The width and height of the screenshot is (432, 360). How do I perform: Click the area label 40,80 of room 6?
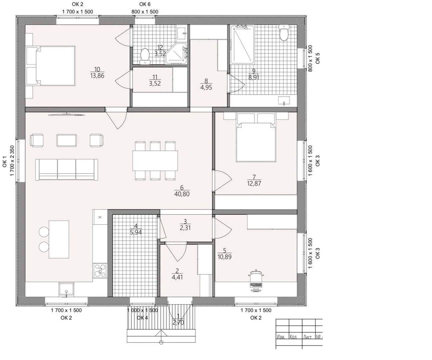pos(182,194)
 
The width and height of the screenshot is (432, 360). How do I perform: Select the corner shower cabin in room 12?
pos(177,53)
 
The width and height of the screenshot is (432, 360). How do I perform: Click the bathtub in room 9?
pos(242,44)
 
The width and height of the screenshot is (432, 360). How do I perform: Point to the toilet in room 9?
pos(284,33)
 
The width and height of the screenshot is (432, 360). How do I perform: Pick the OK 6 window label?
pos(145,4)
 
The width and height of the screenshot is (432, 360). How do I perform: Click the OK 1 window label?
pos(5,161)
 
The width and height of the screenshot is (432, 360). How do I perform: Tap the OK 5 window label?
pos(317,58)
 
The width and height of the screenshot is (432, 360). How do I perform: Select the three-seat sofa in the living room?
pos(67,170)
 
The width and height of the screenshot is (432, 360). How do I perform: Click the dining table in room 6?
pos(155,161)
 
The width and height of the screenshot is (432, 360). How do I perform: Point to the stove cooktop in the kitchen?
pos(100,270)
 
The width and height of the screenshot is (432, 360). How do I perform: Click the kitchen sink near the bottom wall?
pos(66,289)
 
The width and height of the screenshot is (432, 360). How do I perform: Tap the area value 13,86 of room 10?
pos(97,76)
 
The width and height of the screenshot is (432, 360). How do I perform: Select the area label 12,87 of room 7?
pos(254,183)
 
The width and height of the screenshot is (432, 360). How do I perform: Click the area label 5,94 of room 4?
pos(136,232)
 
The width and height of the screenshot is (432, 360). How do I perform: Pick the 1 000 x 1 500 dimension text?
pos(143,310)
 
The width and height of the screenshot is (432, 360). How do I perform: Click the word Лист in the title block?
pos(307,337)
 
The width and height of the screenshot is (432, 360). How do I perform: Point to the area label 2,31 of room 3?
pos(185,228)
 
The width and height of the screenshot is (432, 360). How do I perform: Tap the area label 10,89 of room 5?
pos(224,257)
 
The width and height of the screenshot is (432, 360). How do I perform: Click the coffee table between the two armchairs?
pos(67,140)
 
